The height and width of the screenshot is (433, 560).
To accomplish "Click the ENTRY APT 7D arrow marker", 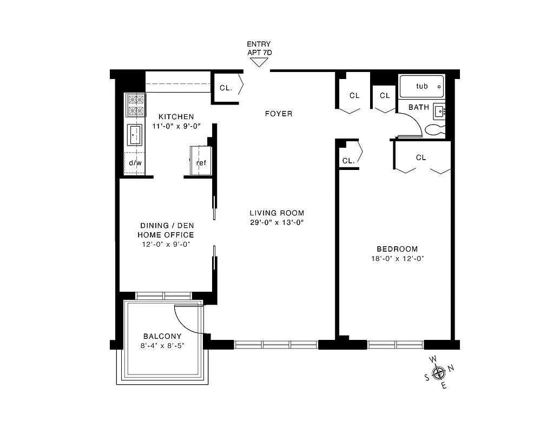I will click(259, 62).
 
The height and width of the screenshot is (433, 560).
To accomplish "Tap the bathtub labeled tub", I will click(421, 86).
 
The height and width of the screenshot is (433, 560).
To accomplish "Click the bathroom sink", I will click(439, 111).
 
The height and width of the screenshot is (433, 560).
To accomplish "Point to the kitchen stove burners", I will click(136, 106).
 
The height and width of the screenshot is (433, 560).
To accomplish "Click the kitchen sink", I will click(135, 135).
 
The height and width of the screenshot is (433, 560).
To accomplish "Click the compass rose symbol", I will click(439, 372).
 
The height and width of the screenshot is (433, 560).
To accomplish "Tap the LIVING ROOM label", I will click(276, 213).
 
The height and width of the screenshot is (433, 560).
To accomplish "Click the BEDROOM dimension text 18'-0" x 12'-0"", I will click(397, 259).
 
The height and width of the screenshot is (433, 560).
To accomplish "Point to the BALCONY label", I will click(162, 336).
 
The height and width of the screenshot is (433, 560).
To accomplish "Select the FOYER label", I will click(279, 114).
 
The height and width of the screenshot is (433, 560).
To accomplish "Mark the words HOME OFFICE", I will click(166, 235).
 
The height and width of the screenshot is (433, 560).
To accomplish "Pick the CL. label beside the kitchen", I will click(226, 88).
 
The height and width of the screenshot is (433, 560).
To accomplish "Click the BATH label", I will click(418, 107).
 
